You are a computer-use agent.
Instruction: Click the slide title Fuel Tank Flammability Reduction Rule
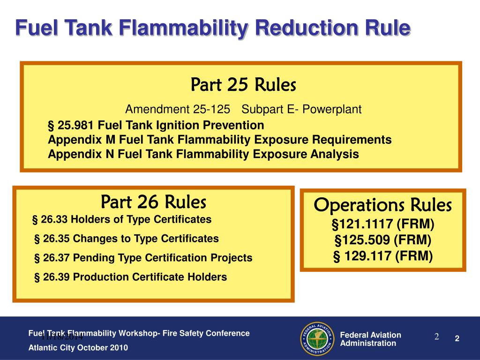click(213, 28)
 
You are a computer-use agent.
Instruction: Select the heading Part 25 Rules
click(243, 85)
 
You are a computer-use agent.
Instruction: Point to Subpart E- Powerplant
click(301, 110)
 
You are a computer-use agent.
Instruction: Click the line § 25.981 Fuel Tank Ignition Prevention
click(156, 125)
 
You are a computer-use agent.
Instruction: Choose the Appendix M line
click(220, 140)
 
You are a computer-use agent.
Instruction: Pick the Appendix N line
click(203, 154)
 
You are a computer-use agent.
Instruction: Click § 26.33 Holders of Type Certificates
click(121, 219)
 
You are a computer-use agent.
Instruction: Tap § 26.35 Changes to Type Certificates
click(127, 238)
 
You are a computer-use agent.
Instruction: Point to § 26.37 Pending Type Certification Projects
click(143, 257)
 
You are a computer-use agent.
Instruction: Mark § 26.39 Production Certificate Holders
click(131, 277)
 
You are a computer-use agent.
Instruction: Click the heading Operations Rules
click(382, 205)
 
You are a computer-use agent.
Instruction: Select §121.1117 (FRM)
click(383, 225)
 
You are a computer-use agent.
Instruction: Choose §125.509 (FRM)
click(383, 240)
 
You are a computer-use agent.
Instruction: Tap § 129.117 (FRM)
click(383, 255)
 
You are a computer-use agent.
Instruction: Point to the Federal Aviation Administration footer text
click(370, 339)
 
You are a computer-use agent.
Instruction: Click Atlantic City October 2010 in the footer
click(78, 347)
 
